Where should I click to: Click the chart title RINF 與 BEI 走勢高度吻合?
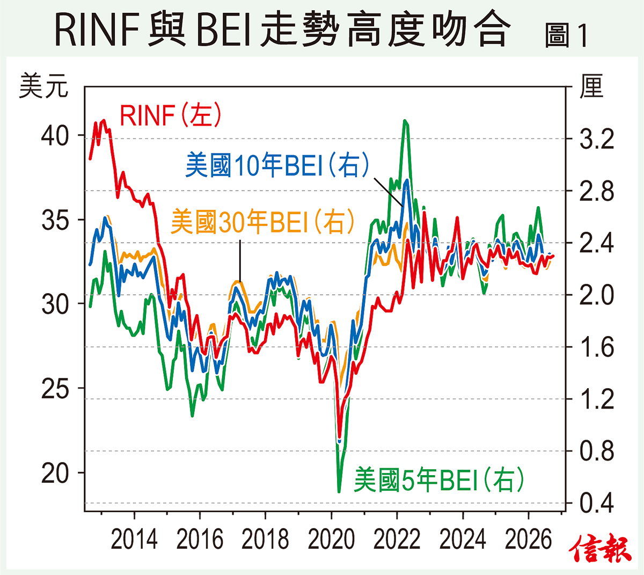283,28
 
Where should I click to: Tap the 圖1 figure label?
566,35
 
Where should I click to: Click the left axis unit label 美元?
43,85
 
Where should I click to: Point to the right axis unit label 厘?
591,86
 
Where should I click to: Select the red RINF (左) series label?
170,115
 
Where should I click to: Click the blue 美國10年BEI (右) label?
277,164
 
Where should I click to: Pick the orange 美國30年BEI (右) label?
262,222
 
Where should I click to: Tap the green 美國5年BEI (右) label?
438,479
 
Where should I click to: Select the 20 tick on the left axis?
55,473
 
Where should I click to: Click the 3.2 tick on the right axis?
597,139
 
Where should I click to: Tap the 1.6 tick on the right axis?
597,347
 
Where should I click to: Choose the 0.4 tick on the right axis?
597,503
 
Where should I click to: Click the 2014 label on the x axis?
134,540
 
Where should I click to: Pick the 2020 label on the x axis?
331,540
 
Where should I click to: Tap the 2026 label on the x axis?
528,540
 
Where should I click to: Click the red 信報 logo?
601,548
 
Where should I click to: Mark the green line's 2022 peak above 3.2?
405,121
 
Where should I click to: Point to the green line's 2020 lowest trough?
339,492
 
